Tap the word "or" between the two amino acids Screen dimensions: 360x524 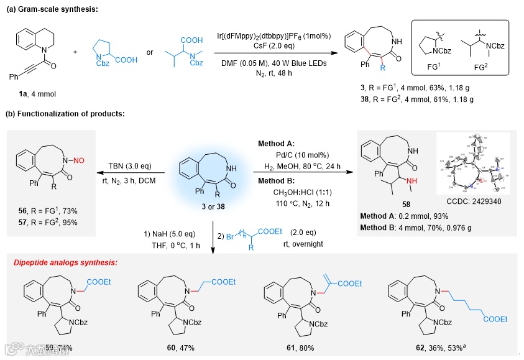coord(149,52)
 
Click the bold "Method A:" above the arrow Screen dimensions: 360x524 coord(277,144)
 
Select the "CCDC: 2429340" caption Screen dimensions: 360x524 coord(474,202)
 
